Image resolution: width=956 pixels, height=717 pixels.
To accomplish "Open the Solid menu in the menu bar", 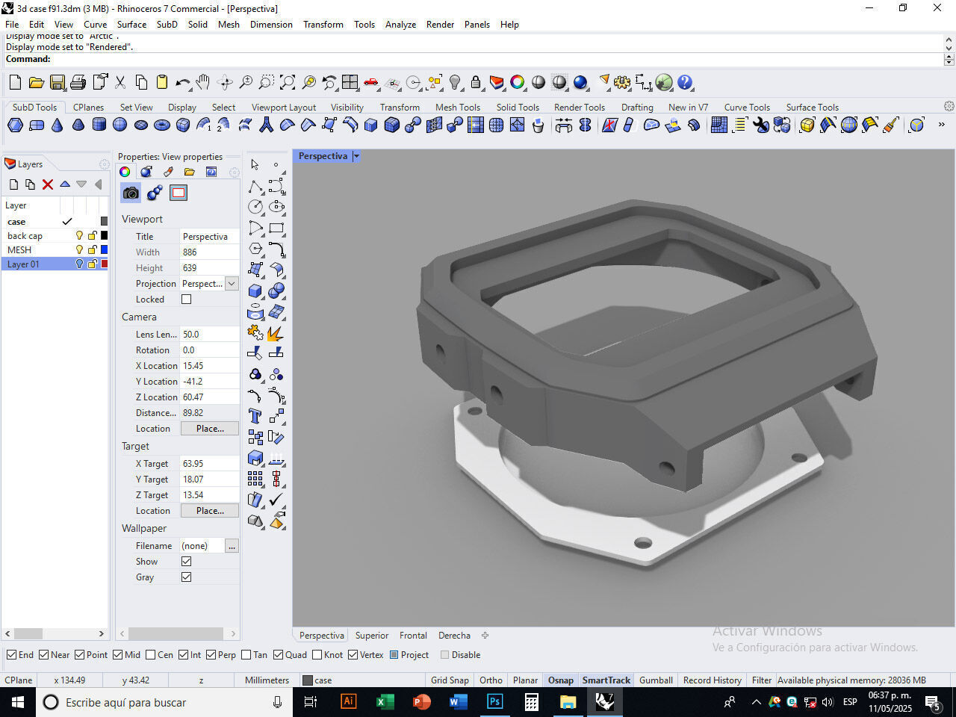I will pyautogui.click(x=198, y=24).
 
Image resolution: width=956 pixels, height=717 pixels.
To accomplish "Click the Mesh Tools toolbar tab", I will pyautogui.click(x=457, y=107).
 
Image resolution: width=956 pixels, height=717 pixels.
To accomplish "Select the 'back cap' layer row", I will pyautogui.click(x=25, y=236).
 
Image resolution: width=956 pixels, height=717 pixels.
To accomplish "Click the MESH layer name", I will pyautogui.click(x=19, y=250).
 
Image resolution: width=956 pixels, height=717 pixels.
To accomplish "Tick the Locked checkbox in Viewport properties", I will pyautogui.click(x=187, y=299).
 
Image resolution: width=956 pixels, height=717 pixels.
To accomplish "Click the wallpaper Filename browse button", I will pyautogui.click(x=232, y=546).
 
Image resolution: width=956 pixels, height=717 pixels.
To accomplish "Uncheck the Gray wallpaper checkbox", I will pyautogui.click(x=187, y=577).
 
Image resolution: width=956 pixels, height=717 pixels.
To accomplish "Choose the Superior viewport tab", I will pyautogui.click(x=372, y=636).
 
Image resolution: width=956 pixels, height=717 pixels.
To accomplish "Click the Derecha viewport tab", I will pyautogui.click(x=454, y=636).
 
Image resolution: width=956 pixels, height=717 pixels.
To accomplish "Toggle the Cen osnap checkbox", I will pyautogui.click(x=151, y=655).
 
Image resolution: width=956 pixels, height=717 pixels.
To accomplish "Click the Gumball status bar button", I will pyautogui.click(x=656, y=680).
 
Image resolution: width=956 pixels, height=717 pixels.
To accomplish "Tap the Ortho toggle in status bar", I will pyautogui.click(x=491, y=680).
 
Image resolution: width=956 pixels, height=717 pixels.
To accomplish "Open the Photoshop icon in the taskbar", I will pyautogui.click(x=494, y=702).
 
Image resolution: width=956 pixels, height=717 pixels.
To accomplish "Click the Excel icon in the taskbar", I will pyautogui.click(x=385, y=702).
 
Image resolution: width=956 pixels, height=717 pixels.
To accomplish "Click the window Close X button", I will pyautogui.click(x=937, y=8).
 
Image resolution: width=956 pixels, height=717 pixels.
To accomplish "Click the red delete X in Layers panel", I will pyautogui.click(x=48, y=184).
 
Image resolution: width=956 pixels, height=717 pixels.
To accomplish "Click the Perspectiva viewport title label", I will pyautogui.click(x=323, y=156).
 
